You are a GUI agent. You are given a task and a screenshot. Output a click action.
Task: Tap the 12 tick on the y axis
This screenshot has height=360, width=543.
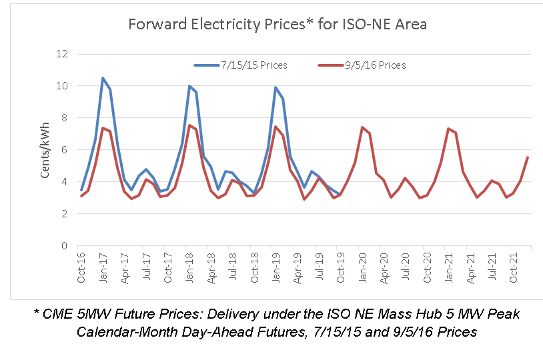[63, 54]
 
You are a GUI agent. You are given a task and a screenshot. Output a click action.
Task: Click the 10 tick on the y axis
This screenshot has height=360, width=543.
[63, 86]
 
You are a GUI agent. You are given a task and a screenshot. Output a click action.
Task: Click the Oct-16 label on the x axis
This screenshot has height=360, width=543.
[81, 268]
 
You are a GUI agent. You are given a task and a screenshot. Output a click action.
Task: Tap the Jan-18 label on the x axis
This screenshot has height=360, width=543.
[190, 268]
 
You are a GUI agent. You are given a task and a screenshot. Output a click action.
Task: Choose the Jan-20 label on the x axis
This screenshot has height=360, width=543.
[363, 268]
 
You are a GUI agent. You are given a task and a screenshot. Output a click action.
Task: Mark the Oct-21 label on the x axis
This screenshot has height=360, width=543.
[514, 268]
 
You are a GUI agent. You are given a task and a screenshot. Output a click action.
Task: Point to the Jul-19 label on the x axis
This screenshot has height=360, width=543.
[320, 268]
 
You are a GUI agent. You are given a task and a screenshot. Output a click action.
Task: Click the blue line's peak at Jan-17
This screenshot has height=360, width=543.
[103, 78]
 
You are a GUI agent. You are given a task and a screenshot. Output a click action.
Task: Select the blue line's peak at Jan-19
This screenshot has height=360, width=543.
[276, 87]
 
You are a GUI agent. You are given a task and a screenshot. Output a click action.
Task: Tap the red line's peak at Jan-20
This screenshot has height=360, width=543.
[362, 127]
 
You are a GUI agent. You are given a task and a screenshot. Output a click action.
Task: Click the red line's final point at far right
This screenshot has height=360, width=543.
[528, 157]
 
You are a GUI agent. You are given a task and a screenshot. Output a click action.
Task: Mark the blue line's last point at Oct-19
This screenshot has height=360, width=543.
[340, 195]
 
